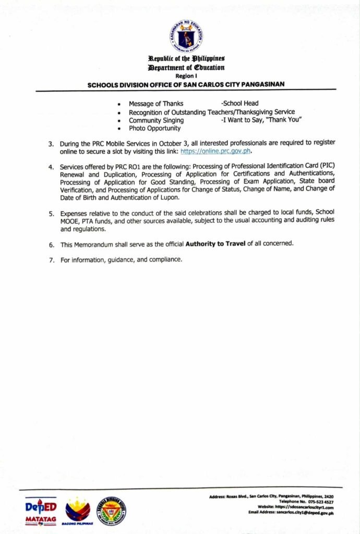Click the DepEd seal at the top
coord(186,36)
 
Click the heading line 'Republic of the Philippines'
coord(186,59)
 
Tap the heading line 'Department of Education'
coord(186,68)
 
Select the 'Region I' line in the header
coord(186,76)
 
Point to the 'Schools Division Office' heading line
coord(186,84)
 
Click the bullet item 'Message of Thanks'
coord(156,104)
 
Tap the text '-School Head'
coord(239,104)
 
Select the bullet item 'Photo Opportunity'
coord(155,128)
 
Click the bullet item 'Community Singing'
coord(156,120)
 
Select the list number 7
coord(51,260)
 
